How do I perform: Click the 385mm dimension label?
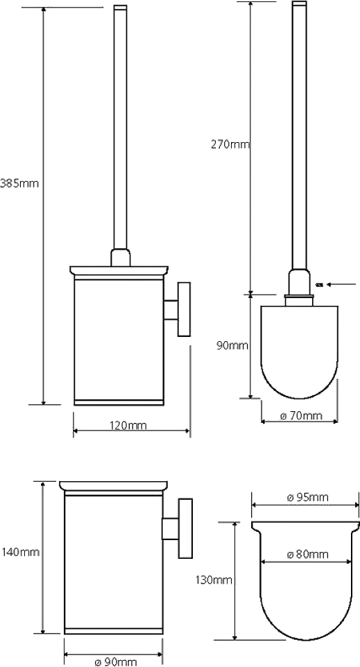[19, 184]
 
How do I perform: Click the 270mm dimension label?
[230, 145]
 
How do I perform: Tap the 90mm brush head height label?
[232, 345]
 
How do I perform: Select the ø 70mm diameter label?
[301, 415]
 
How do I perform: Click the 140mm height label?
[20, 553]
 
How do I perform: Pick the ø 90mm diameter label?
[116, 662]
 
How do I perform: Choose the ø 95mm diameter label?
[308, 497]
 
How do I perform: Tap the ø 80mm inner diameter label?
[308, 554]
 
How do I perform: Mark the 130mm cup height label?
[214, 580]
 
